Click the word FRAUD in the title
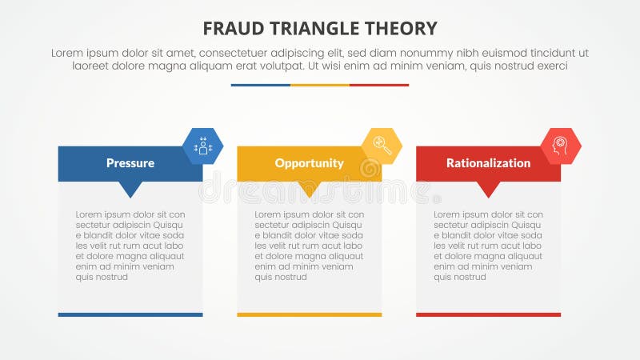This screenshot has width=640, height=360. point(232,29)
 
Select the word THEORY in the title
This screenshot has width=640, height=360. point(402,29)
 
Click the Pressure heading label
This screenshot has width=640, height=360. point(130,163)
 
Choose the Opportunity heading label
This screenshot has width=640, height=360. point(309,163)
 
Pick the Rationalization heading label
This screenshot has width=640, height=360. point(488,163)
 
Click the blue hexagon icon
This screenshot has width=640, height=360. point(202,146)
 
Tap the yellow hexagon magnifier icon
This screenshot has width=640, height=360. point(382,146)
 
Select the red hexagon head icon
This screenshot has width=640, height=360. point(561,146)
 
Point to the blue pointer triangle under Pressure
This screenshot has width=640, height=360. point(130,189)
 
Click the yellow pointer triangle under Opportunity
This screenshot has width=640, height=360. point(309,189)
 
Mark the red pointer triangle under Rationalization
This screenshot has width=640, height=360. point(488,189)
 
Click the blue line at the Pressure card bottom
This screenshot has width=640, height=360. point(130,314)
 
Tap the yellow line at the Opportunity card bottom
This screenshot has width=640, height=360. point(309,314)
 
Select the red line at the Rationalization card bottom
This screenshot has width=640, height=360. point(488,314)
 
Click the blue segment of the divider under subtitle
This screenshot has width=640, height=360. point(261,85)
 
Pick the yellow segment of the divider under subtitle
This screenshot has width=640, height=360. point(320,85)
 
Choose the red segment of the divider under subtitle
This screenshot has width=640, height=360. point(379,85)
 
